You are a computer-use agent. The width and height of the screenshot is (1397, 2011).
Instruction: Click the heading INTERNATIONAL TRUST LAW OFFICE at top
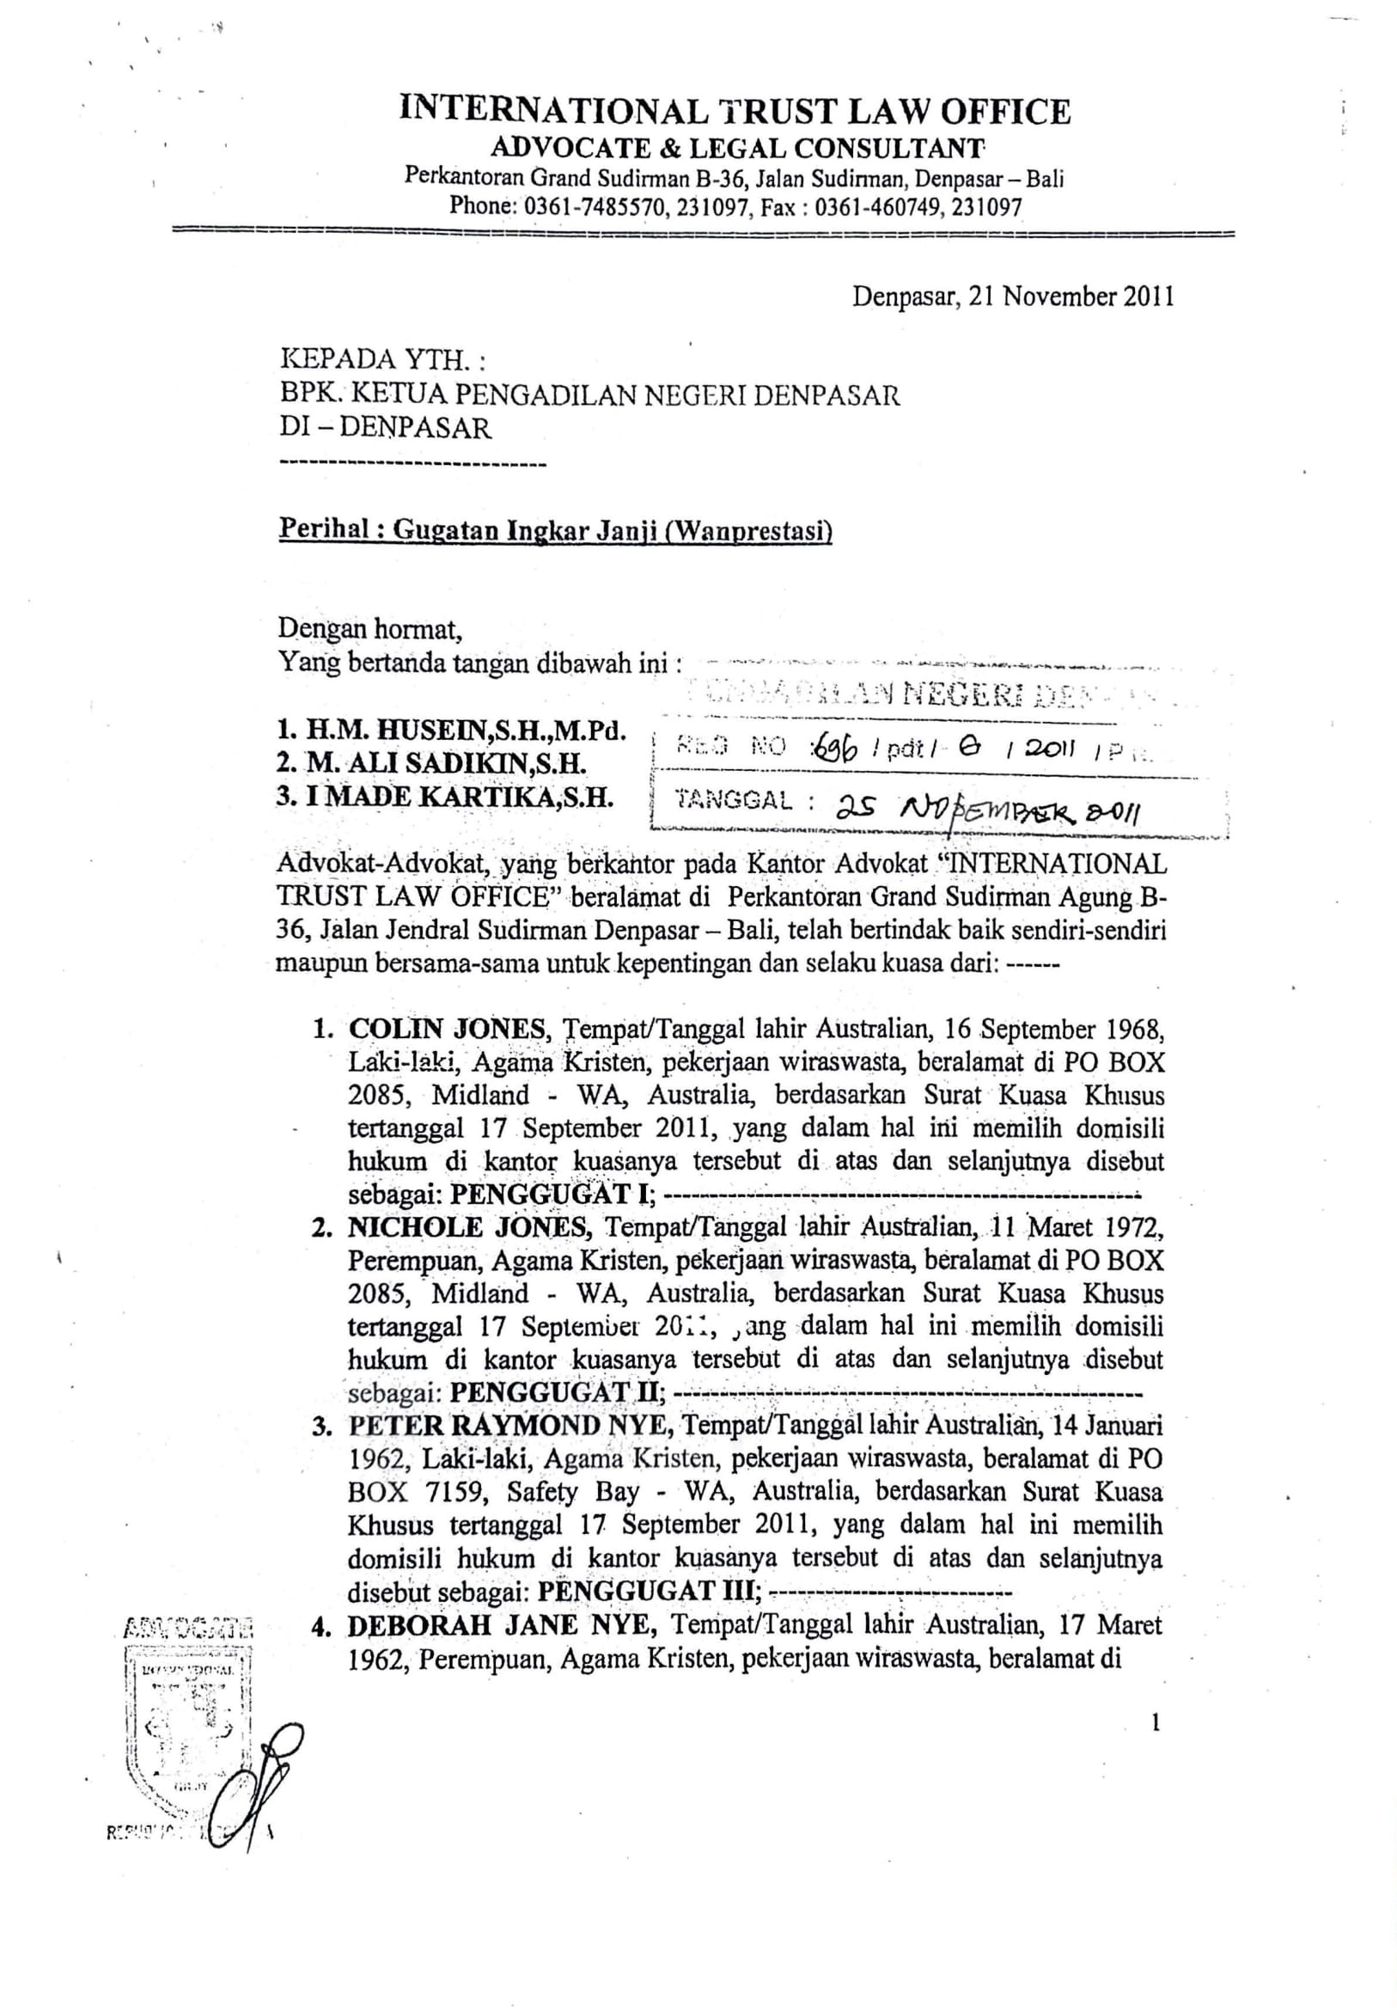pyautogui.click(x=735, y=112)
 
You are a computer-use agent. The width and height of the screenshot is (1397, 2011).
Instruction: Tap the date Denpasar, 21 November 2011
pyautogui.click(x=1013, y=297)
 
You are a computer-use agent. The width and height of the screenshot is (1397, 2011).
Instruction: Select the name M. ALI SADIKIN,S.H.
pyautogui.click(x=430, y=763)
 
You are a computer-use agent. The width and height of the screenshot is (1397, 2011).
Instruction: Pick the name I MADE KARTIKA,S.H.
pyautogui.click(x=445, y=797)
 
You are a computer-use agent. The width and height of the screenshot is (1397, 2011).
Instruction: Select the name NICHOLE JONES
pyautogui.click(x=467, y=1227)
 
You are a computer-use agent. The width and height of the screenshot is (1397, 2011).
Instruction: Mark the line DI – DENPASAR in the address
pyautogui.click(x=385, y=428)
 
